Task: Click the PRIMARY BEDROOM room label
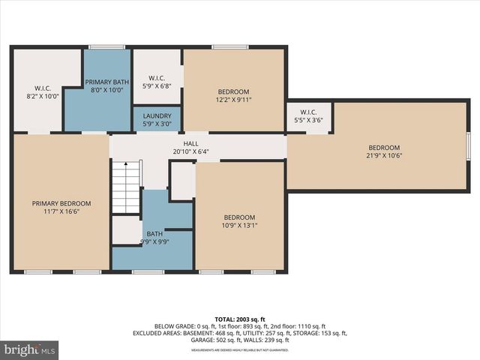(61, 203)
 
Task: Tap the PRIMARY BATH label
(108, 82)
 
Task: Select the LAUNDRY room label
(157, 116)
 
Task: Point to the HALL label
(190, 143)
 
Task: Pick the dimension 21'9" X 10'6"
(383, 156)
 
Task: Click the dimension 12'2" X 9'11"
(233, 98)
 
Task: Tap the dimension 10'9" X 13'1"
(239, 225)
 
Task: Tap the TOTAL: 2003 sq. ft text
(240, 319)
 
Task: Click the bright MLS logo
(30, 349)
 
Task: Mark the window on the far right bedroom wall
(467, 146)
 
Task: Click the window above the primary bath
(106, 47)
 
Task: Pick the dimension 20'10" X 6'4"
(190, 151)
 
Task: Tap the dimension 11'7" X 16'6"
(61, 211)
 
